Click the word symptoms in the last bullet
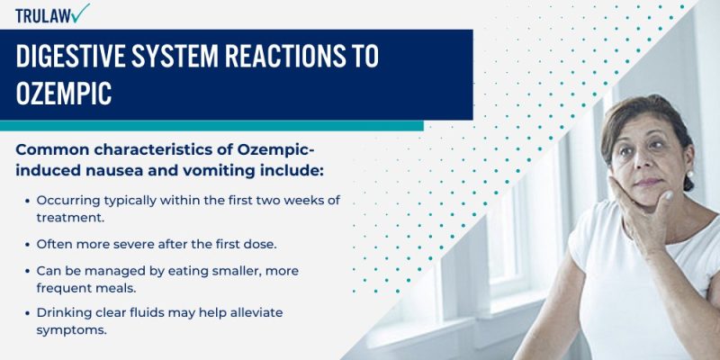coord(70,330)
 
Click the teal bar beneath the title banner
coord(211,126)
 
